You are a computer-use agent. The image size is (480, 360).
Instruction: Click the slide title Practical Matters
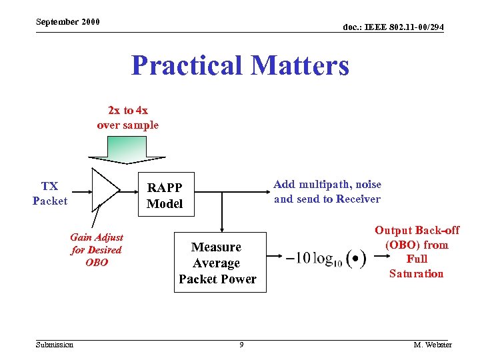tap(240, 66)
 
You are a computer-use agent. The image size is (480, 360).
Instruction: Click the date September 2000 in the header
tap(68, 22)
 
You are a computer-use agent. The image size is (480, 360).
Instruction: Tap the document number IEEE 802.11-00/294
tap(393, 27)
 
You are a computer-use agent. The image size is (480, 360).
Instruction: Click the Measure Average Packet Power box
tap(217, 263)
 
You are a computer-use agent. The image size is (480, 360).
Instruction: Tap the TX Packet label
tap(50, 193)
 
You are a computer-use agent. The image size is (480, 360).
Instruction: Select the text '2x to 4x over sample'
tap(127, 118)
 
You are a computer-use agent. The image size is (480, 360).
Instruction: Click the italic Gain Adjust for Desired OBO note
tap(97, 250)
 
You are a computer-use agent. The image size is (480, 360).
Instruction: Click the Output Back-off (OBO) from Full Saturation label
tap(417, 252)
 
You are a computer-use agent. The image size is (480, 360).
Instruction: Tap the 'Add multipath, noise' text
tap(327, 185)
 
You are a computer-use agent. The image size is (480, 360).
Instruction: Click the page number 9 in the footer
tap(241, 345)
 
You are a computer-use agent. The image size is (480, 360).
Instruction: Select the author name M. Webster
tap(432, 345)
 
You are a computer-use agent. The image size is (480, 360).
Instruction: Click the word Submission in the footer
tap(55, 345)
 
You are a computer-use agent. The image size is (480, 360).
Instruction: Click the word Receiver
tap(358, 199)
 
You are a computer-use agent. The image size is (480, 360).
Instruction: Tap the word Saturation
tap(417, 273)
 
